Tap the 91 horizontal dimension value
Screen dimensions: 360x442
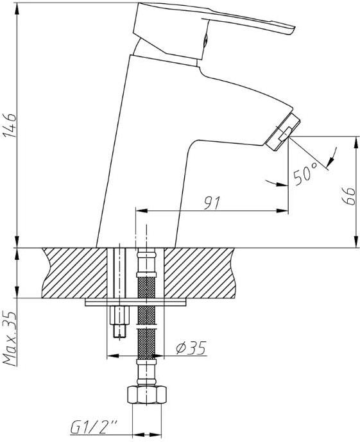[211, 203]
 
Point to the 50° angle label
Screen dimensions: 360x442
[305, 174]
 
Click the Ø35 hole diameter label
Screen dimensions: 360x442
[191, 348]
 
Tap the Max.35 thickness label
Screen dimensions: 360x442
[10, 338]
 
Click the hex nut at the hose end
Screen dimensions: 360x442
[146, 395]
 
